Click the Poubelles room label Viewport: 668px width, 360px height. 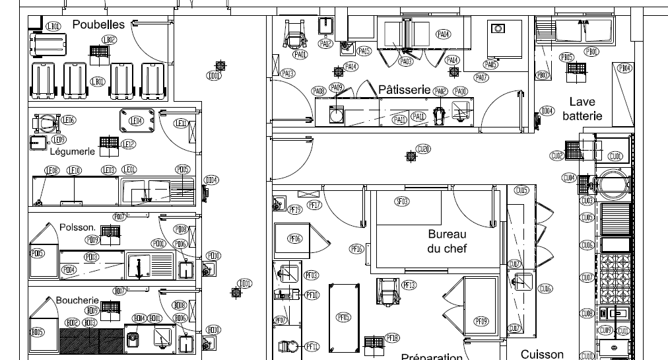[98, 24]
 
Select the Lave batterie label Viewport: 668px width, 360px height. [582, 109]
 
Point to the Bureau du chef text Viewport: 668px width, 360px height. [447, 241]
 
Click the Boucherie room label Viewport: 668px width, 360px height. [77, 300]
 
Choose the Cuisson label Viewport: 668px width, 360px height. [542, 355]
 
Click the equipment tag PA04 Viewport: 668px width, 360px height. [444, 34]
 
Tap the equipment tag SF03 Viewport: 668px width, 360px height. [402, 201]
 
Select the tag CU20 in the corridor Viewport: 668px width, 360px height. [423, 149]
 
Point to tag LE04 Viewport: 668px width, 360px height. [136, 121]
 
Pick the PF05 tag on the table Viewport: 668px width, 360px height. [343, 317]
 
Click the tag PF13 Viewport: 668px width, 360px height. [409, 285]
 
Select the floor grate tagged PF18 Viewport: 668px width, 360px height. [373, 342]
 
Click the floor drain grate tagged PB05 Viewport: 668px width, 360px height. [580, 69]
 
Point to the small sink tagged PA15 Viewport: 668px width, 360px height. [346, 48]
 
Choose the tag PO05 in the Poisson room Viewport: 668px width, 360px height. [38, 253]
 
